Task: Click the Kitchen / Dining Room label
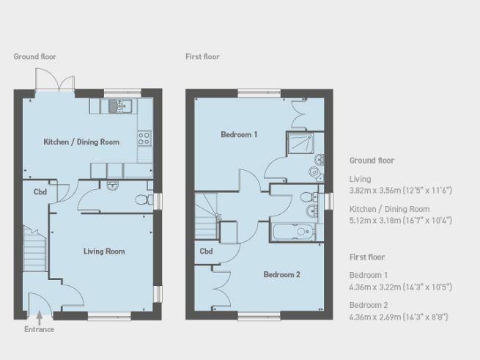[81, 142]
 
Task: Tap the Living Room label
[103, 251]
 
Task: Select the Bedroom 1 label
[239, 135]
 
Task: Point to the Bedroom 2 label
[282, 275]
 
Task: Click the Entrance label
[39, 329]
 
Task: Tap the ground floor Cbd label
[40, 192]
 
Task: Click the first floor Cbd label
[207, 251]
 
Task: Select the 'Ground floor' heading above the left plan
[34, 56]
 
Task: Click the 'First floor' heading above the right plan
[202, 56]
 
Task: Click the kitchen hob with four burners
[144, 136]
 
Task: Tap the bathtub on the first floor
[293, 233]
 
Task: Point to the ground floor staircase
[33, 242]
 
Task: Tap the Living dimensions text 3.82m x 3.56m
[400, 191]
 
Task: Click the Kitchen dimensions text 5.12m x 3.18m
[400, 221]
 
